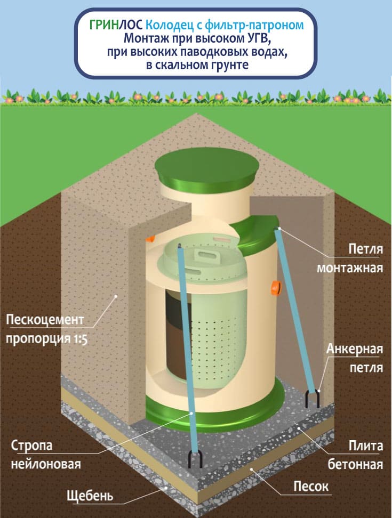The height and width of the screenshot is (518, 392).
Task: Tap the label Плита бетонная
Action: [358, 455]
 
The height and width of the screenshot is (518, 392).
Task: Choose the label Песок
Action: [311, 487]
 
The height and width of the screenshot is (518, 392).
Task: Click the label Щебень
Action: [90, 496]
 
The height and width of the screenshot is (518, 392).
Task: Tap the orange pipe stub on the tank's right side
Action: [275, 287]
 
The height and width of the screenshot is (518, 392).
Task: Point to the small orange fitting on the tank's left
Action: [151, 236]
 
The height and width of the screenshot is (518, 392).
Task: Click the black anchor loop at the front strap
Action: [197, 459]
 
